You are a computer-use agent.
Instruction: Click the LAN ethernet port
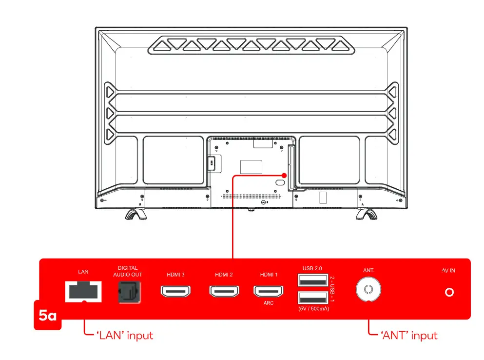[x=83, y=292]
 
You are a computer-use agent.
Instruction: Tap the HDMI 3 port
[x=175, y=292]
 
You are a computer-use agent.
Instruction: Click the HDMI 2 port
[x=224, y=292]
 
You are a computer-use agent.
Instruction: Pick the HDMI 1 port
[x=269, y=292]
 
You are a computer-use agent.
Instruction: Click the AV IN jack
[x=449, y=292]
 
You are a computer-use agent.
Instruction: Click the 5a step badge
[x=48, y=316]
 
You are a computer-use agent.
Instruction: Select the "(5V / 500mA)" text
[x=312, y=310]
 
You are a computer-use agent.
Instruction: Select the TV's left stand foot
[x=135, y=214]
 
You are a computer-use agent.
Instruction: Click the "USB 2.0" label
[x=312, y=268]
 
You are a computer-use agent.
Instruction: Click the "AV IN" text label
[x=448, y=271]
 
